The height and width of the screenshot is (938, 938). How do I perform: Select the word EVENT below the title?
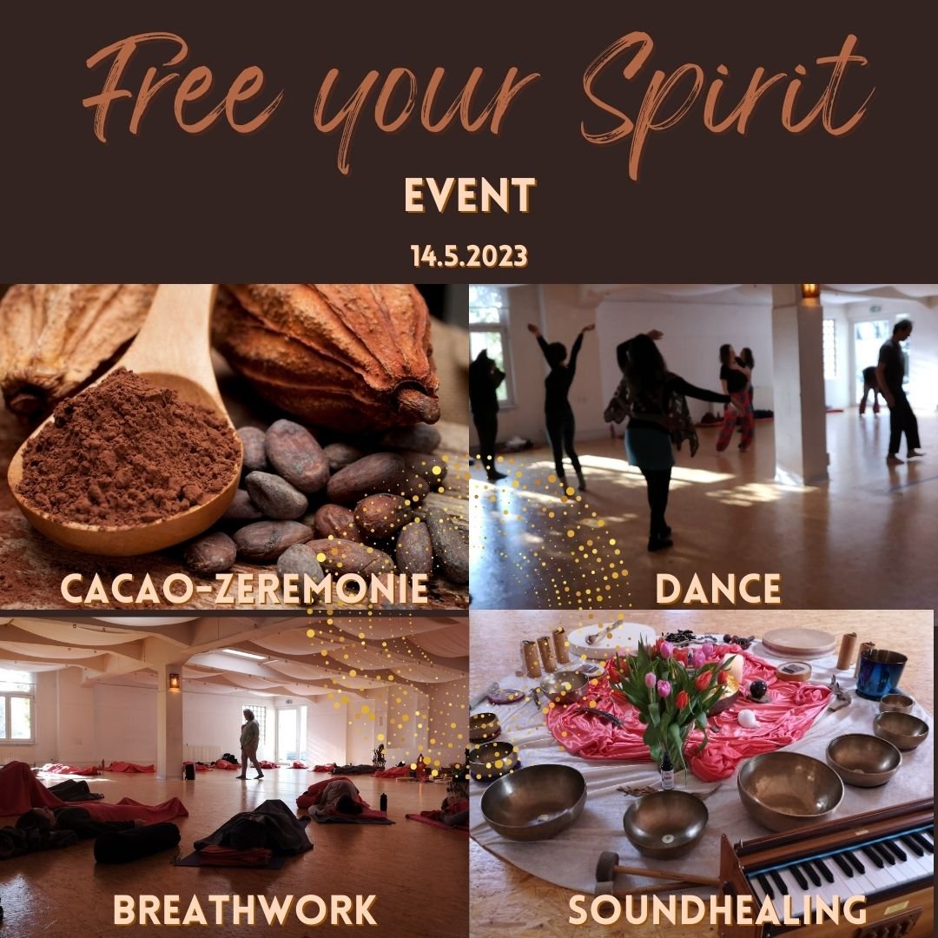click(470, 195)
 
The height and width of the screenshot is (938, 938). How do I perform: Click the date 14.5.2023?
click(469, 256)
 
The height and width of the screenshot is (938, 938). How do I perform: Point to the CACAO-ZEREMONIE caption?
click(245, 589)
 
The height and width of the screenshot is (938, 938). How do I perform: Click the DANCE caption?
click(718, 589)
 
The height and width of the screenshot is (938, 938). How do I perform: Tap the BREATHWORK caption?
click(245, 910)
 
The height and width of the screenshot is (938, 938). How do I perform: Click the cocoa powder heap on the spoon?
click(127, 449)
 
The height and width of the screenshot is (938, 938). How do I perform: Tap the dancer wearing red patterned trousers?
click(736, 398)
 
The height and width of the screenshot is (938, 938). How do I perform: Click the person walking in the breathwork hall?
click(251, 743)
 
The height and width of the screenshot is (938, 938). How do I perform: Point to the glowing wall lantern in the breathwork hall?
click(175, 682)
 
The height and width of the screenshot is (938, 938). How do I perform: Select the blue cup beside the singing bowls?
click(881, 674)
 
